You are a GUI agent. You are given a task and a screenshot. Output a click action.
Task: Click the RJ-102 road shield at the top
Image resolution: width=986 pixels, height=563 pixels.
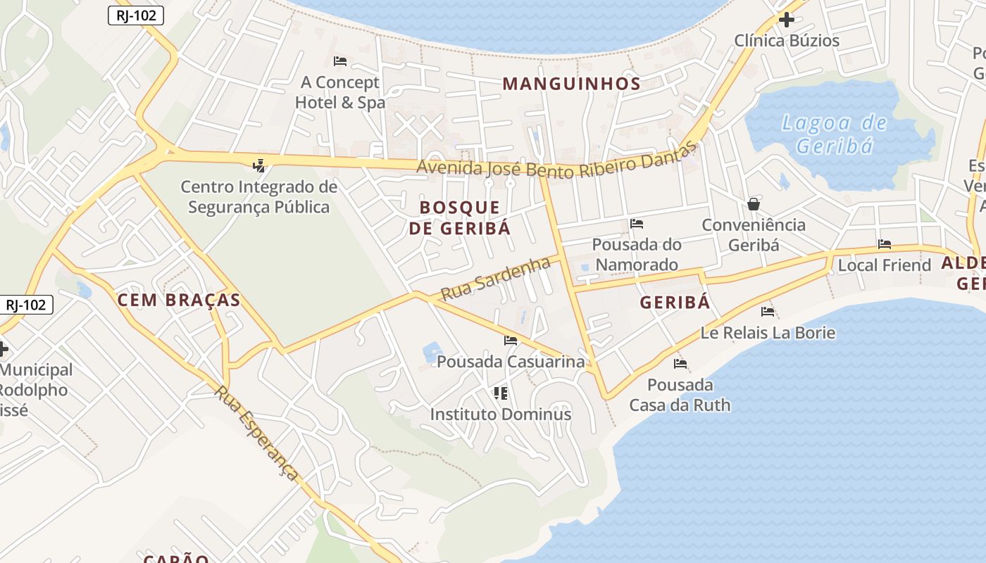(x=136, y=15)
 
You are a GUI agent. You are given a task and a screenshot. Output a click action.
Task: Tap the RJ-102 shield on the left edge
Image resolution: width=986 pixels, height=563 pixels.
(x=26, y=305)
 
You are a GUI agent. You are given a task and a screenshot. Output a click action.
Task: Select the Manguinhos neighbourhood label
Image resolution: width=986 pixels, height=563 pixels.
(x=571, y=84)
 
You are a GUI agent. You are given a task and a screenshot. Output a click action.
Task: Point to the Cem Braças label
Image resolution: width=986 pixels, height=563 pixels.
(x=179, y=300)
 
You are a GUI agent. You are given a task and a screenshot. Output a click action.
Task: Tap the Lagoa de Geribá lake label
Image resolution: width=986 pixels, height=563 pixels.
(x=835, y=134)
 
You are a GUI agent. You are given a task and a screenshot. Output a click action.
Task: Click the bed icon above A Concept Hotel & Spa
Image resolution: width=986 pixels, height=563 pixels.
(x=340, y=61)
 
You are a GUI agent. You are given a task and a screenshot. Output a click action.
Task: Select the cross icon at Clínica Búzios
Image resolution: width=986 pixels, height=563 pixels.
(x=787, y=20)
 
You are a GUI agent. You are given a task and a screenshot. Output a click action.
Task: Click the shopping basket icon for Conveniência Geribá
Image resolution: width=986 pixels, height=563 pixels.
(x=754, y=204)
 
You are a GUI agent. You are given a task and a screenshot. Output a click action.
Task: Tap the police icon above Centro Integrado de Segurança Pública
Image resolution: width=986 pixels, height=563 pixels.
(x=259, y=166)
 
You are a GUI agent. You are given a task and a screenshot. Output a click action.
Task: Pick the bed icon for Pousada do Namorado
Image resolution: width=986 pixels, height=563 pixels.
(x=637, y=224)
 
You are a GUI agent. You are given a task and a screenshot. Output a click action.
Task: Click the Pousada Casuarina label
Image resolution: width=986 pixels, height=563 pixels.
(x=511, y=362)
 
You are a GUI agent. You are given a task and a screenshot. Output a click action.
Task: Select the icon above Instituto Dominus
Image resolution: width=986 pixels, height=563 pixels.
(x=501, y=393)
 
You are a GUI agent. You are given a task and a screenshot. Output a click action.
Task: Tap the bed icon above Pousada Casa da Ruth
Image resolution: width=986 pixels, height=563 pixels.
(x=680, y=364)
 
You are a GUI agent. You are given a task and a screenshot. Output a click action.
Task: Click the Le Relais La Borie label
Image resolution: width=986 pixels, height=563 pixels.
(x=768, y=332)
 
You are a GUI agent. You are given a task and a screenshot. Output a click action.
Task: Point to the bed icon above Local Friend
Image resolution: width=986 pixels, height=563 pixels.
(x=885, y=244)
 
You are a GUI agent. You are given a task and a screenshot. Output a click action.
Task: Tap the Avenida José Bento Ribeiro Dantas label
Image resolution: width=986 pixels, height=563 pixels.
(x=556, y=165)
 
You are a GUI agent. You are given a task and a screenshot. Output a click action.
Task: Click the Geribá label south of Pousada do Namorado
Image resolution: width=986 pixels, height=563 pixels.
(x=675, y=303)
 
